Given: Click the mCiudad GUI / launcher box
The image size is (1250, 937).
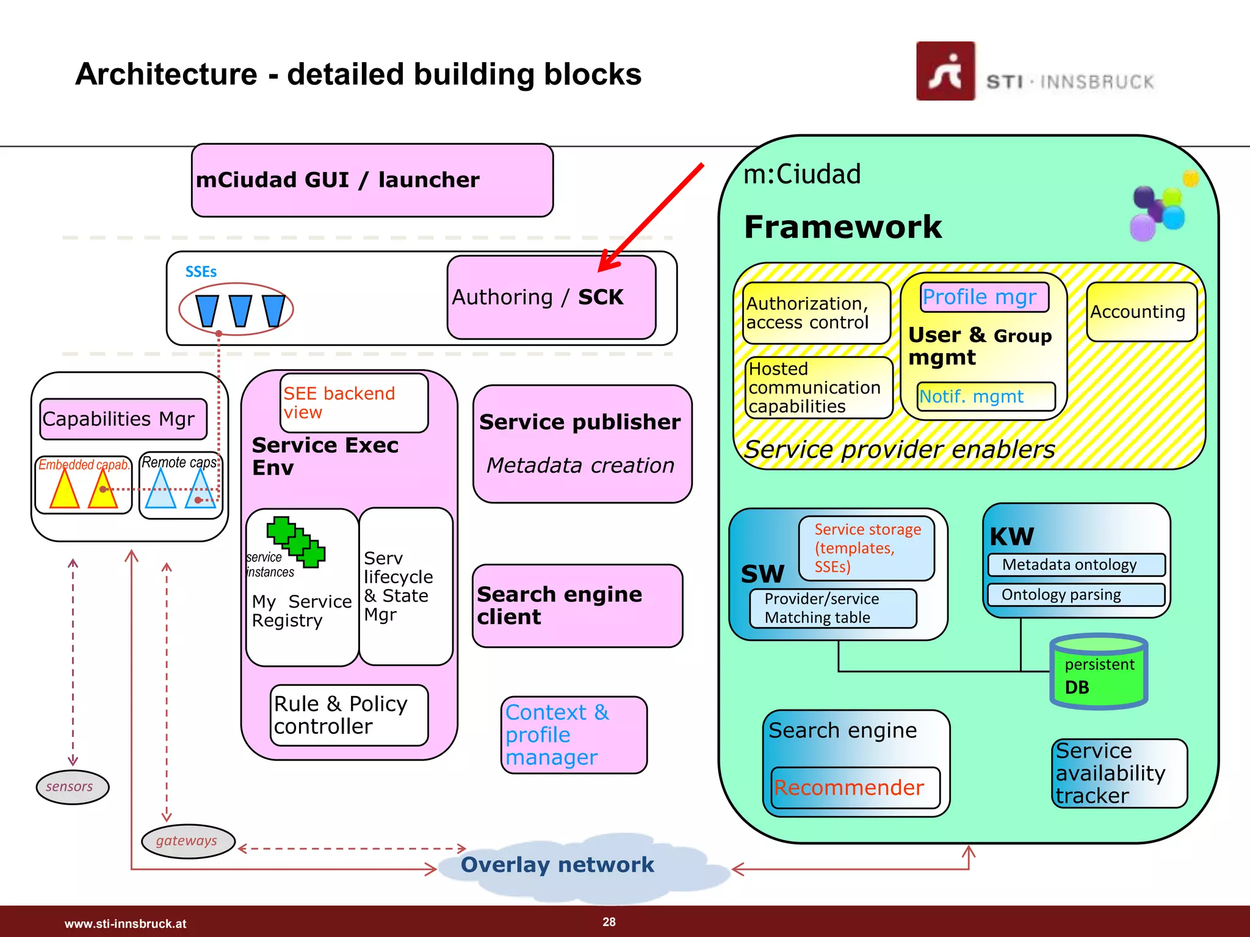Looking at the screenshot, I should [x=372, y=180].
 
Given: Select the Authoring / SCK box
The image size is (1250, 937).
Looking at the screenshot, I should [x=551, y=298].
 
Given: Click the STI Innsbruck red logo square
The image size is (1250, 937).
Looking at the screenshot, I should [x=945, y=71].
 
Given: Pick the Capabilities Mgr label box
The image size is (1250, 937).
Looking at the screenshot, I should [x=123, y=419].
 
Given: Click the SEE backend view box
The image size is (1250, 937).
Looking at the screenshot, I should [x=354, y=403].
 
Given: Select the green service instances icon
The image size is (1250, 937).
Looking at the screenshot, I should [x=296, y=541].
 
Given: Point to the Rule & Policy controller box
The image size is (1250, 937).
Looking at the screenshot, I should [x=349, y=715].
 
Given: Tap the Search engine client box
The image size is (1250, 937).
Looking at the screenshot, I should [x=577, y=606].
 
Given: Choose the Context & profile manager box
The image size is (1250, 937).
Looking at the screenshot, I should [x=573, y=735].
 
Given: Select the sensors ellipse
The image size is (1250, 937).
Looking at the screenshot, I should [x=72, y=787].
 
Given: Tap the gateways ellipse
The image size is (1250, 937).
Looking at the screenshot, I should [x=187, y=841].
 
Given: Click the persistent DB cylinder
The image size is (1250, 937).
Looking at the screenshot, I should [x=1099, y=673].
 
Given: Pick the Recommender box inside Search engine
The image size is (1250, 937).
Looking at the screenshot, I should [x=855, y=788].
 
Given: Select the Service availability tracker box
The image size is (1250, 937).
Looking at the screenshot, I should [x=1119, y=773].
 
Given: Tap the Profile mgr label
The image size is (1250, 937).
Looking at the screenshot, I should [x=984, y=297].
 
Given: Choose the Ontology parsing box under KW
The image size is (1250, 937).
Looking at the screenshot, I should [x=1075, y=594].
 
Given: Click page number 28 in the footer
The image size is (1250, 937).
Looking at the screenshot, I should [x=609, y=922].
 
